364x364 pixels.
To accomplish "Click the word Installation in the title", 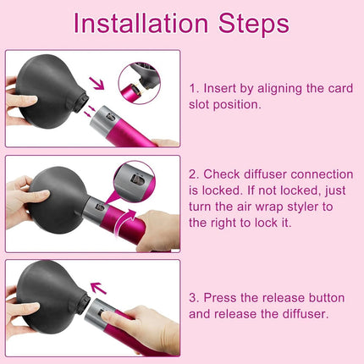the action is [141, 23].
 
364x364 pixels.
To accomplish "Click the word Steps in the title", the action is [254, 25].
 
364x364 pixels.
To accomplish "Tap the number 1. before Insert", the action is [195, 88].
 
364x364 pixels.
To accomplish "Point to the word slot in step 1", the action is [199, 104].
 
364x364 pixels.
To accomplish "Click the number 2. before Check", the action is [195, 174].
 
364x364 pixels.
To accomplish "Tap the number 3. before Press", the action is [195, 298].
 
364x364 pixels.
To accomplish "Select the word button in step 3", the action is [327, 298].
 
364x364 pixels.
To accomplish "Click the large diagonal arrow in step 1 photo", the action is [97, 83].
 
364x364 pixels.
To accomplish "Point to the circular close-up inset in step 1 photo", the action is [140, 83].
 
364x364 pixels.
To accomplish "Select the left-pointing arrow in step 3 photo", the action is [98, 288].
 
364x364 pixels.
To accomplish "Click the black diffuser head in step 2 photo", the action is [57, 200].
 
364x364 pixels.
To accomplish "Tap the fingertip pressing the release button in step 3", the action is [106, 316].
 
